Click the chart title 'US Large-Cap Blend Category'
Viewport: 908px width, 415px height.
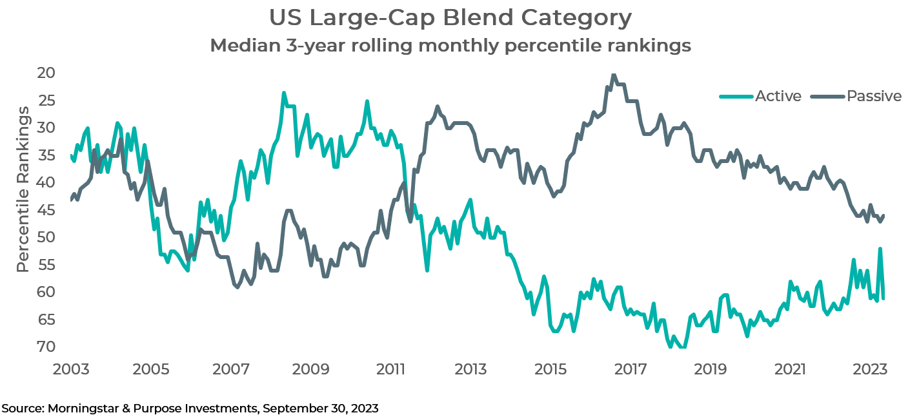[450, 18]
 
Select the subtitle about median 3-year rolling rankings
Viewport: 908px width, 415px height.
[450, 46]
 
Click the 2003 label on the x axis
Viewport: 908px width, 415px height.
[72, 370]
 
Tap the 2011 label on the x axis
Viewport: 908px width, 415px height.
[391, 370]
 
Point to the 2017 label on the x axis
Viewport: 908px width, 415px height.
[631, 370]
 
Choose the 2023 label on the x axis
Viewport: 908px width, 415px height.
[870, 370]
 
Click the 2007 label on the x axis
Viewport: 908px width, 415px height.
[231, 370]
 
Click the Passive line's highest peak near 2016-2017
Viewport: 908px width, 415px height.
[613, 75]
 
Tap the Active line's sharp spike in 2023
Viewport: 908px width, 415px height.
[880, 249]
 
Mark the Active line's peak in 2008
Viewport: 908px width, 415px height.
[283, 93]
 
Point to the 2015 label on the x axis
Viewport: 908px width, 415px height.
[550, 370]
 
